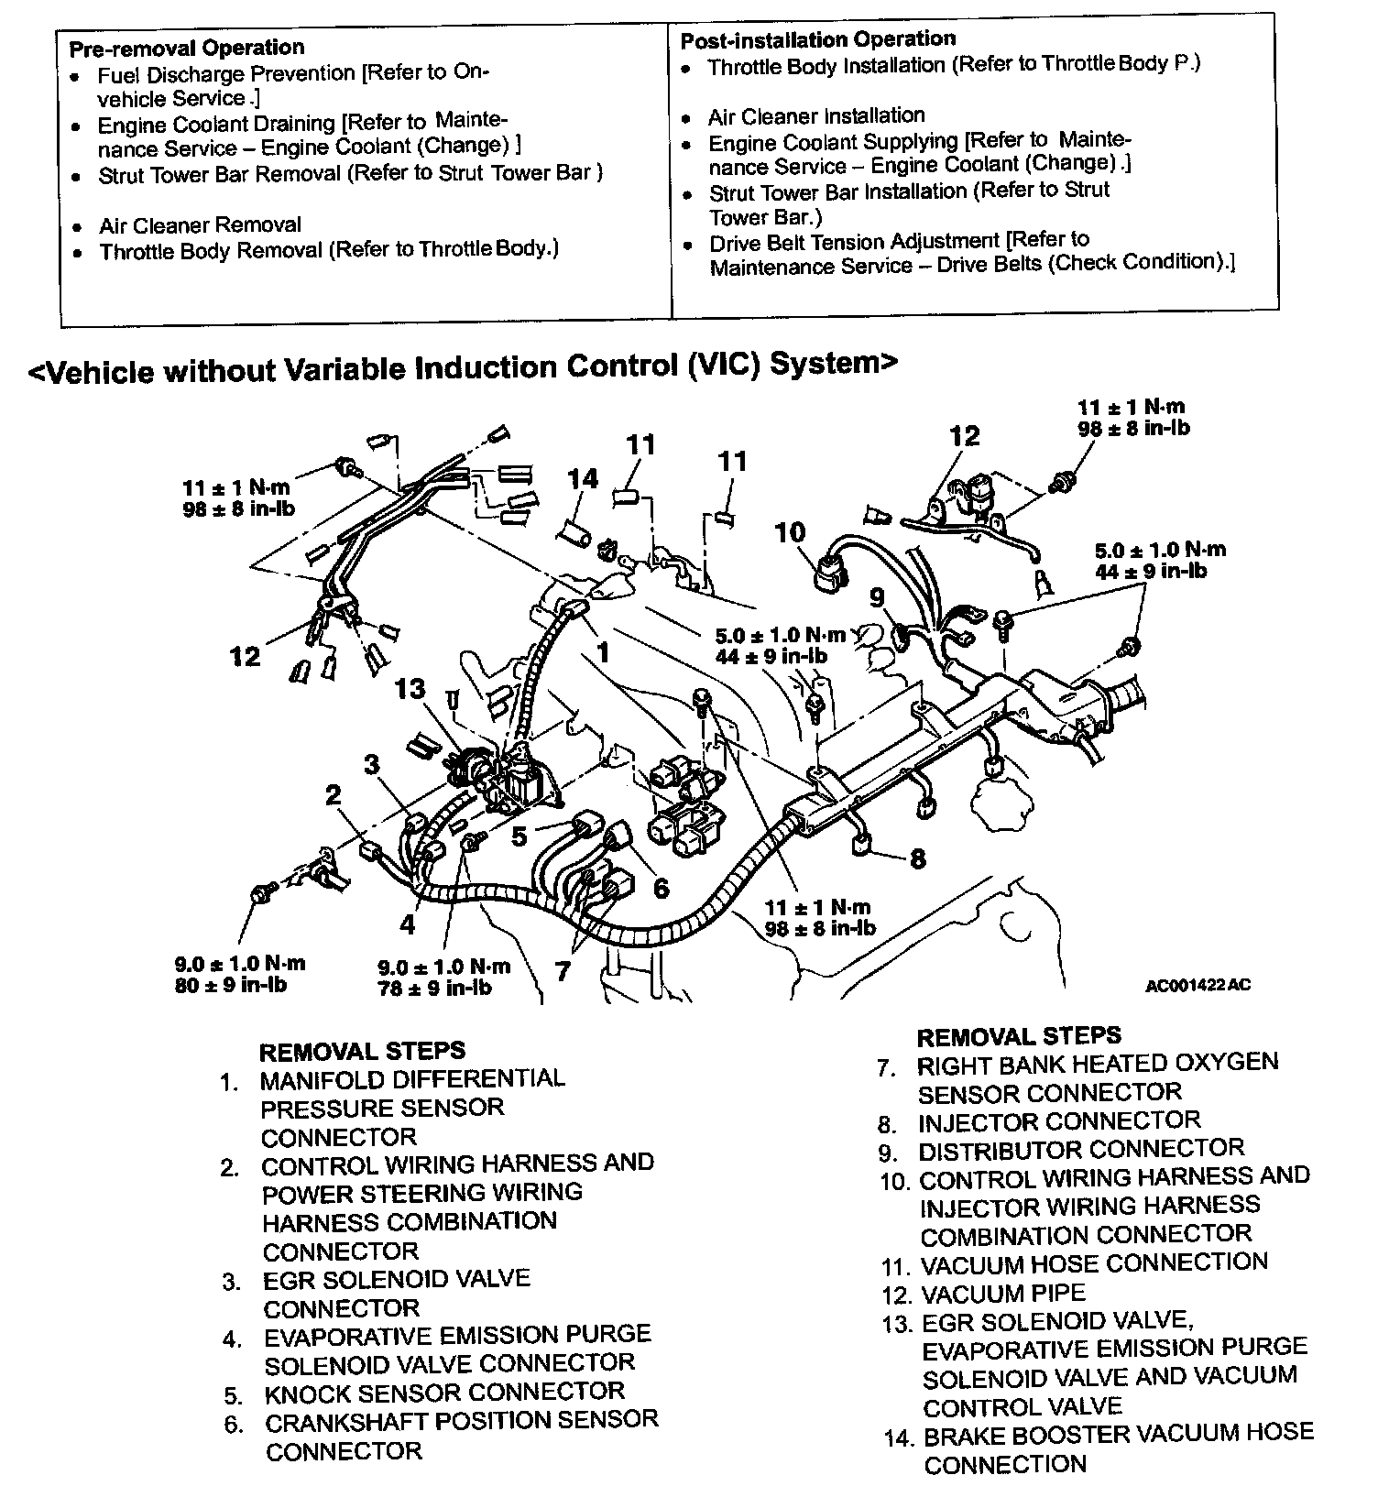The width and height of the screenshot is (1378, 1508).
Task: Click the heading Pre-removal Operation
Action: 187,48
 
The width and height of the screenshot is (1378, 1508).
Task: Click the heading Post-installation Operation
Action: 817,39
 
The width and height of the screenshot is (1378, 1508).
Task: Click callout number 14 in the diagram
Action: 583,478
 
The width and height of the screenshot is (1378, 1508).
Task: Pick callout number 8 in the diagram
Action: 917,858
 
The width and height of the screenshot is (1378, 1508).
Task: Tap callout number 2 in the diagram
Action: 333,794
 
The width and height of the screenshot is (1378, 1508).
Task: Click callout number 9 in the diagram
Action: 877,598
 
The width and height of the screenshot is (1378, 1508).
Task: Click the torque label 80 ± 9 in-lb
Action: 230,986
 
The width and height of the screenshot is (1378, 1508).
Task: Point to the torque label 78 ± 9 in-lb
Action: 434,989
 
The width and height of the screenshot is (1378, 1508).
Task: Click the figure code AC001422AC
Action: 1198,986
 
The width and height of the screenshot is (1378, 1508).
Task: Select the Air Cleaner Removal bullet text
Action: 200,225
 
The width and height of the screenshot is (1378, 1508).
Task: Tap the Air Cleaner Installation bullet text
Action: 815,116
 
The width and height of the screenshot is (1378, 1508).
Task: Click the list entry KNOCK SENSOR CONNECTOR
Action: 443,1393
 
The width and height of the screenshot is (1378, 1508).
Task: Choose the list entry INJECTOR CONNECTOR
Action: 1058,1121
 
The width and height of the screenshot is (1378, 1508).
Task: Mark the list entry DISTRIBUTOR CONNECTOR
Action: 1081,1150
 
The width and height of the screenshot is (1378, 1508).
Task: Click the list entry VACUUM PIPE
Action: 1002,1294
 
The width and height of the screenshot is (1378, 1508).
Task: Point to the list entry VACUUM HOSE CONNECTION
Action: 1094,1263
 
